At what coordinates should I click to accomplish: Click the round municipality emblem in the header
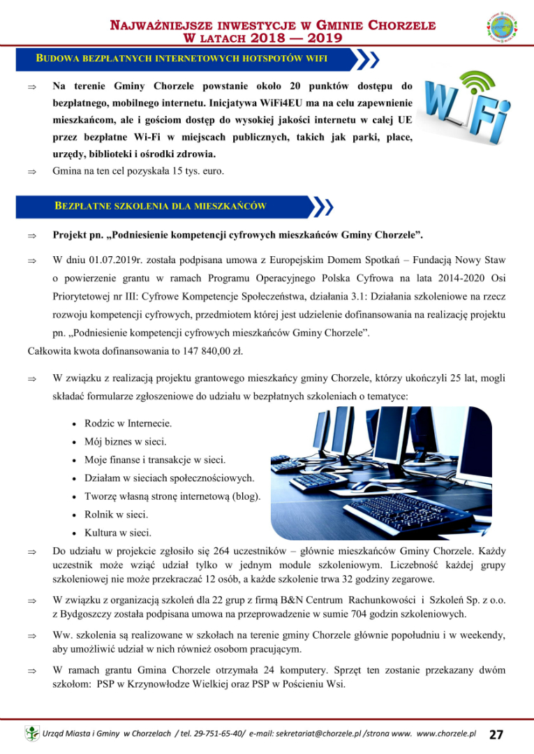click(x=502, y=29)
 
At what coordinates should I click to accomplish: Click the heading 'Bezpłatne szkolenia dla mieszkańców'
click(x=161, y=207)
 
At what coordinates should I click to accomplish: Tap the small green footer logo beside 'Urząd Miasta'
click(x=32, y=734)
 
